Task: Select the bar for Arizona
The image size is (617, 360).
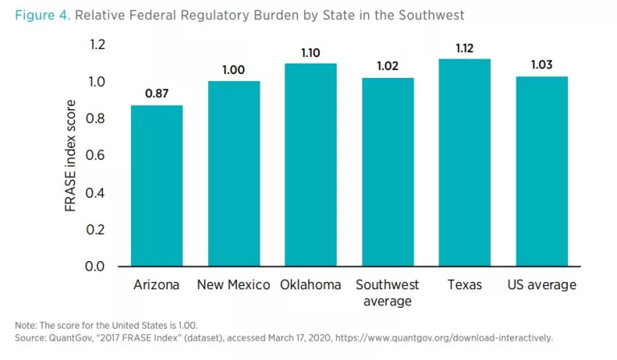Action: tap(157, 186)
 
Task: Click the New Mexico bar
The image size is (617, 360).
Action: tap(234, 174)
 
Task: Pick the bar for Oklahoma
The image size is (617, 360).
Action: tap(311, 165)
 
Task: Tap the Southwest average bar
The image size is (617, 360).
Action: tap(388, 172)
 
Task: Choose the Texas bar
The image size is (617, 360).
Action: tap(464, 162)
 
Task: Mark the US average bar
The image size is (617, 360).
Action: tap(541, 171)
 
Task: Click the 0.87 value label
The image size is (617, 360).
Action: tap(157, 94)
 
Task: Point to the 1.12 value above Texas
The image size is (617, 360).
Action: tap(464, 48)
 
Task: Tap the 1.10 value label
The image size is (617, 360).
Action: tap(311, 52)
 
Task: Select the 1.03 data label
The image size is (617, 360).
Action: tap(541, 65)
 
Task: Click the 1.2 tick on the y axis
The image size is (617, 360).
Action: tap(96, 45)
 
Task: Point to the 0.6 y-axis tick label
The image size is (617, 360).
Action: tap(96, 156)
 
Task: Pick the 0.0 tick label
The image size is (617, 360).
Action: tap(96, 266)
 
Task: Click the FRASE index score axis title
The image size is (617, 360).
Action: tap(72, 156)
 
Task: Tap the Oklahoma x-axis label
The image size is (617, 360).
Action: tap(311, 285)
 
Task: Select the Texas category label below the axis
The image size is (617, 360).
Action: tap(464, 285)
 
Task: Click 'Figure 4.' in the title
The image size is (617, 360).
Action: tap(43, 15)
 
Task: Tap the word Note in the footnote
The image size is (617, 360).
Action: tap(25, 325)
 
